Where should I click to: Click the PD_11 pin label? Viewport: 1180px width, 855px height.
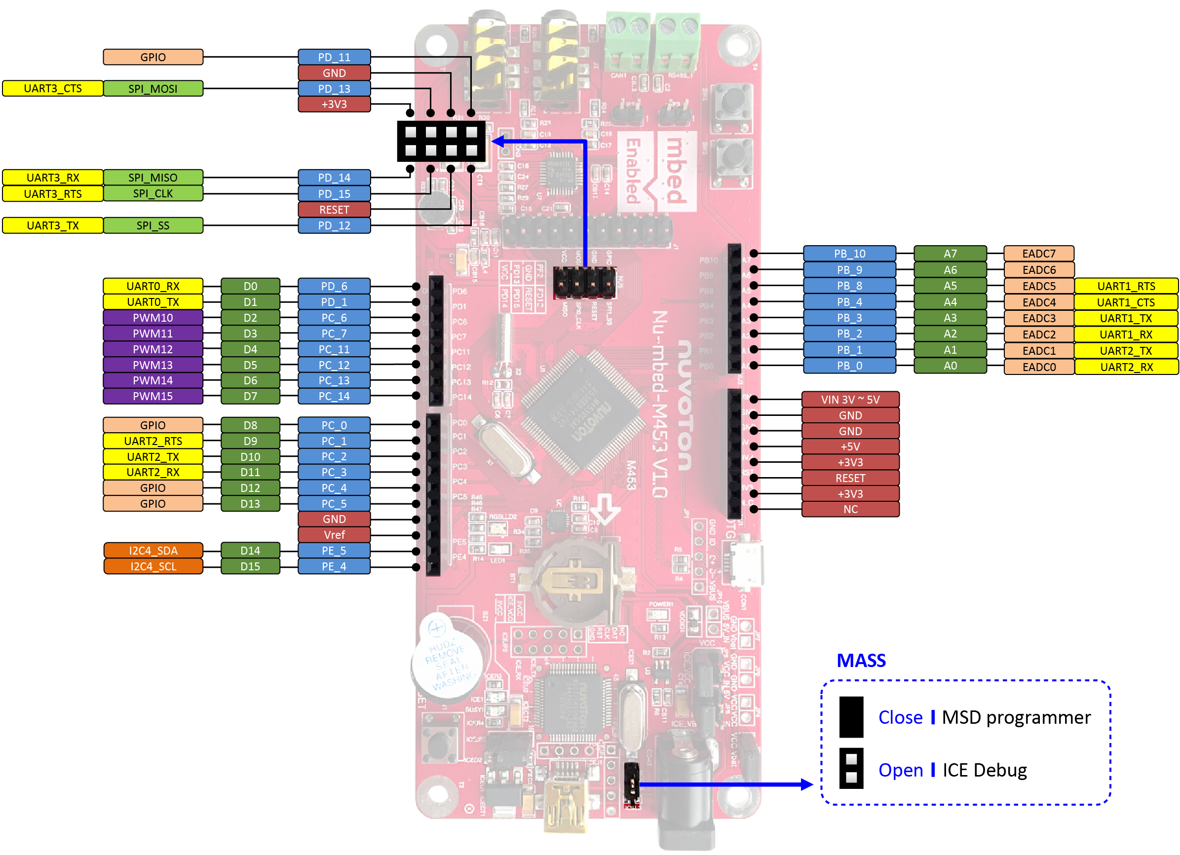(334, 57)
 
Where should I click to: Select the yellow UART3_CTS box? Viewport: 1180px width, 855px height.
(52, 88)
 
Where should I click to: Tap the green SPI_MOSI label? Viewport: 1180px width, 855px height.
(153, 88)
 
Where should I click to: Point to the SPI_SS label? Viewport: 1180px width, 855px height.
(153, 225)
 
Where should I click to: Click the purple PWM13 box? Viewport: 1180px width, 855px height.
(153, 365)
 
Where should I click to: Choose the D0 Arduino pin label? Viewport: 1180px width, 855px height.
(250, 286)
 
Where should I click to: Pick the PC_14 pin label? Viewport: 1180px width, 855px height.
(334, 396)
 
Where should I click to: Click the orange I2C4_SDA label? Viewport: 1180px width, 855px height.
(153, 550)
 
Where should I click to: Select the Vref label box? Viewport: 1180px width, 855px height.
(334, 535)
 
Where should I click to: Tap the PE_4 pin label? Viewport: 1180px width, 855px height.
(334, 566)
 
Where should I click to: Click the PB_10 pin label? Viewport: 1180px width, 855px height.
(849, 253)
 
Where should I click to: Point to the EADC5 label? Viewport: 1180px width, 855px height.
(1038, 286)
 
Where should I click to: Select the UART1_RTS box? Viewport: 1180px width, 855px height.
(1126, 286)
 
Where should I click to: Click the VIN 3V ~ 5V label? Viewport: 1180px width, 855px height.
(850, 400)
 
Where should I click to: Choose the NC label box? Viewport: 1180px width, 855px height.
(850, 509)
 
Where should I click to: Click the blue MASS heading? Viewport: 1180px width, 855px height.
(861, 661)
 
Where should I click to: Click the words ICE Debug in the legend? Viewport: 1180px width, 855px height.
(985, 770)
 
